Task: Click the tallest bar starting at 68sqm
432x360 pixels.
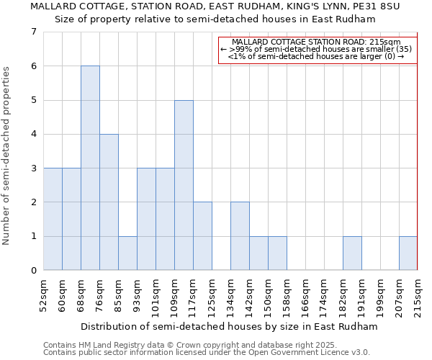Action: coord(90,168)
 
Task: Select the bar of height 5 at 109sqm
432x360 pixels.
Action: coord(184,185)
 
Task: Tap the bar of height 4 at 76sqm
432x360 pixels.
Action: coord(109,202)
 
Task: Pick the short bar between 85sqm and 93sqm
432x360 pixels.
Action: coord(127,253)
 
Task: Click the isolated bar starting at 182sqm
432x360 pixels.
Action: coord(352,253)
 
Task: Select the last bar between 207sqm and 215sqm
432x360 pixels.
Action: coord(408,253)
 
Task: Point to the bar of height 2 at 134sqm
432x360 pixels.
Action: coord(240,236)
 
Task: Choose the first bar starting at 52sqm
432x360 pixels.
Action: coord(53,219)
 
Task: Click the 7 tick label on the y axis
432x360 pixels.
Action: coord(33,32)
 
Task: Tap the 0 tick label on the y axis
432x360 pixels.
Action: coord(33,271)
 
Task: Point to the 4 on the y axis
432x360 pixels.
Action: coord(33,134)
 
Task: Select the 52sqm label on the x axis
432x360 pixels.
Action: coord(44,296)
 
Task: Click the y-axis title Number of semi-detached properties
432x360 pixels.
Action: coord(7,156)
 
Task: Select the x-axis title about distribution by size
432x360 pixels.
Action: coord(229,327)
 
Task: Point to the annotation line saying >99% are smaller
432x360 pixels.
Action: coord(316,49)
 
